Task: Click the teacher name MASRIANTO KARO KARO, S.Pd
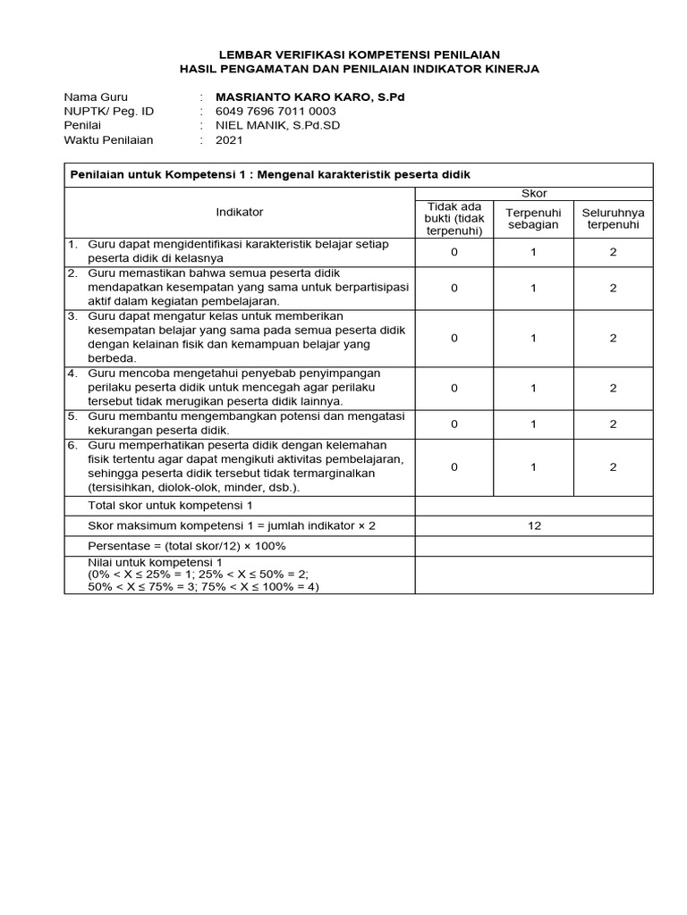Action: click(310, 97)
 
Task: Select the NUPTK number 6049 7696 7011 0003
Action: click(276, 111)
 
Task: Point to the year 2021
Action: click(229, 139)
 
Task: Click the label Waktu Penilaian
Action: click(108, 139)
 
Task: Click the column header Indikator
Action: click(239, 212)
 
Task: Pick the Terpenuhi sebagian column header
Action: click(532, 218)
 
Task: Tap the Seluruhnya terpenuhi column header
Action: click(613, 218)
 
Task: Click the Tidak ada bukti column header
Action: click(454, 218)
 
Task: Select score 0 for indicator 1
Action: click(454, 252)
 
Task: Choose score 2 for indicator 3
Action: click(613, 338)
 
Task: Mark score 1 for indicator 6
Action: click(533, 466)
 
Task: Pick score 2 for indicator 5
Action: click(613, 424)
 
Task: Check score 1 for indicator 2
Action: click(533, 288)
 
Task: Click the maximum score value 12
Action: click(534, 525)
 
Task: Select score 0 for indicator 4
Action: click(454, 388)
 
